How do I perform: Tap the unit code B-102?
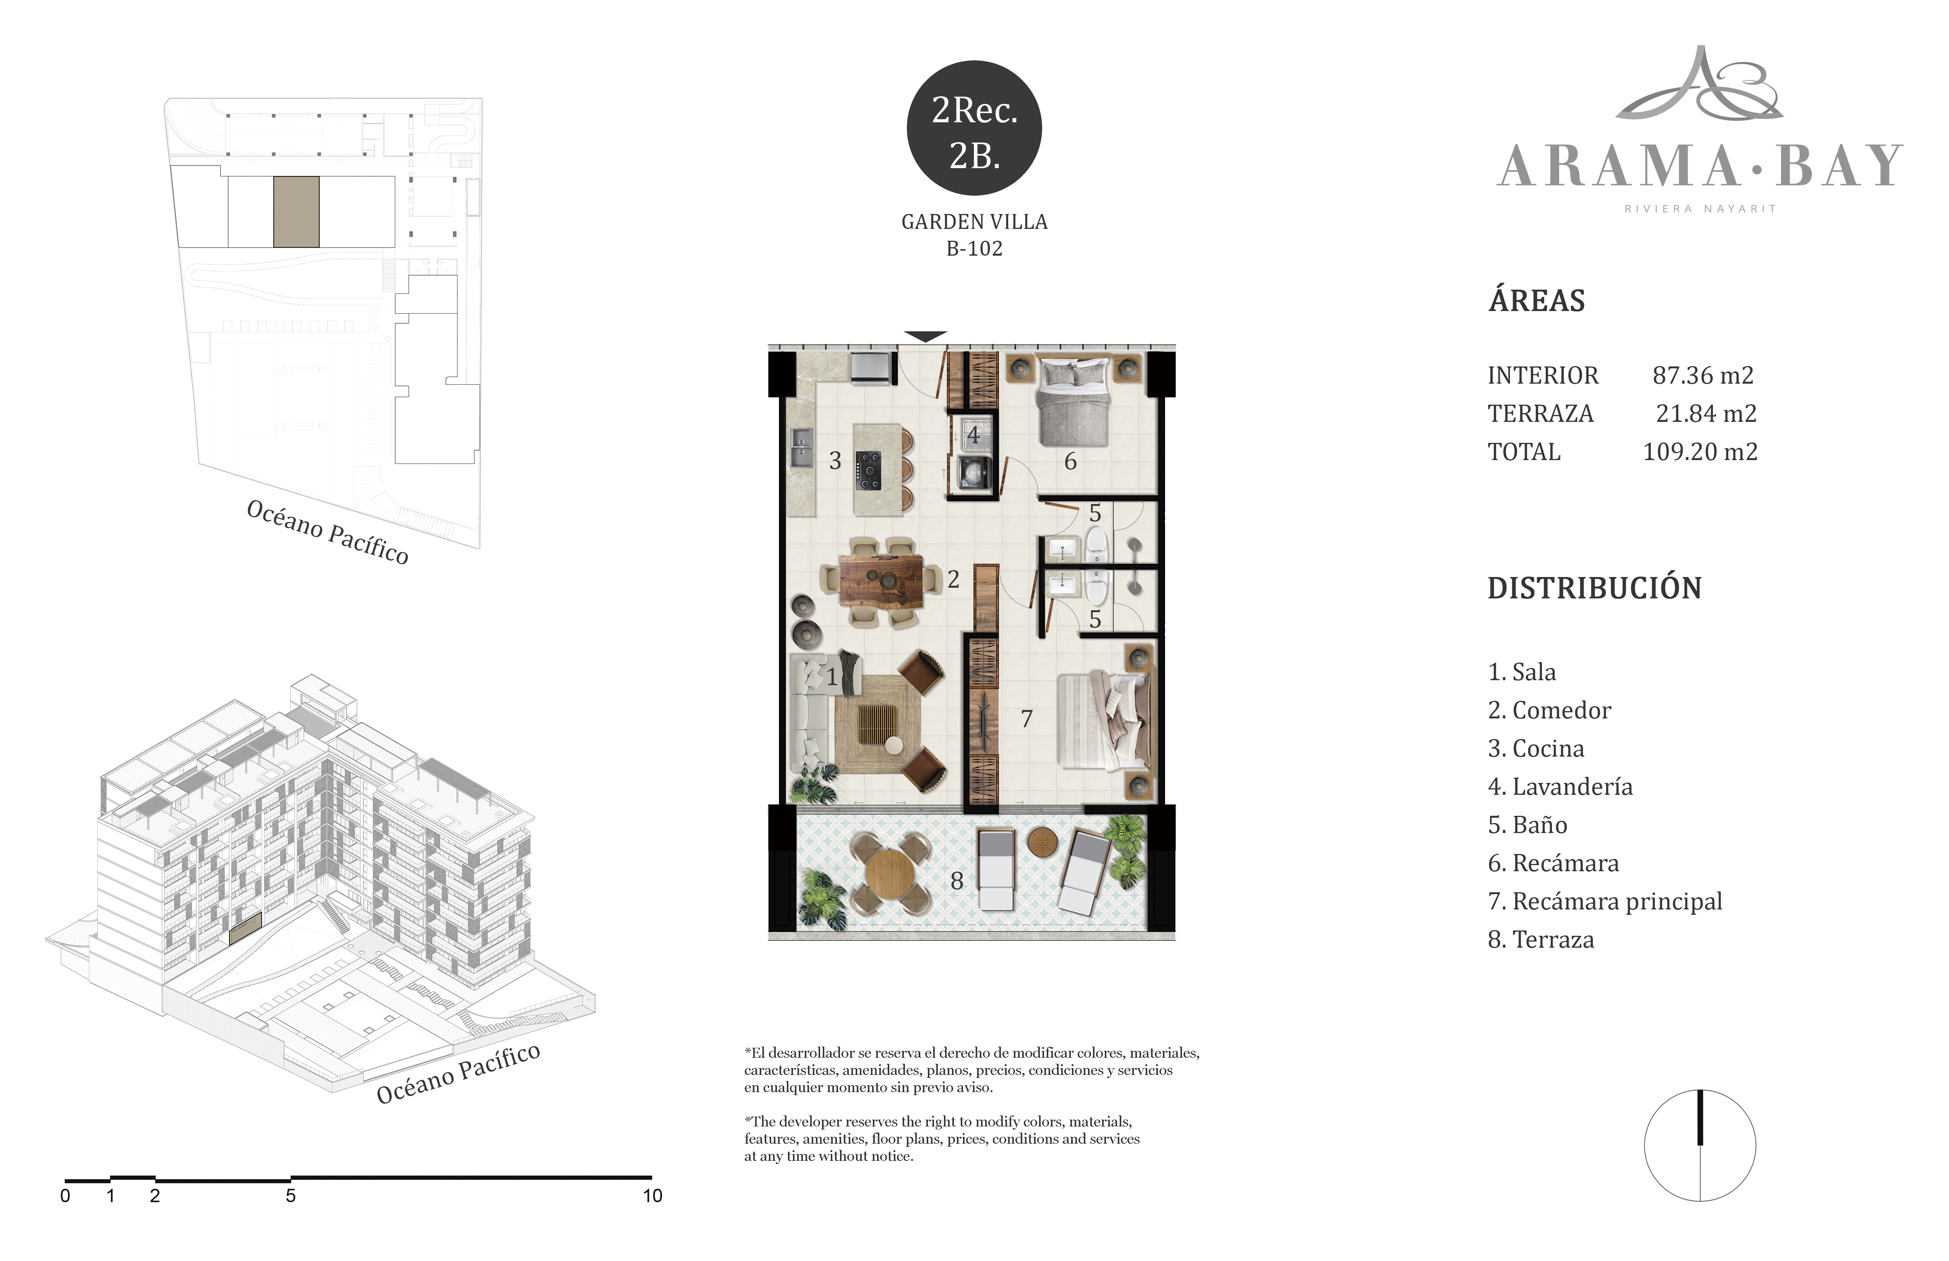point(974,249)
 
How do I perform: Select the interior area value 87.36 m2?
point(1703,375)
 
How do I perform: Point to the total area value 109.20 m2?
point(1700,452)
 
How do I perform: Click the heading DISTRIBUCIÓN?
point(1594,588)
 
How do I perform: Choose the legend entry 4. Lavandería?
point(1560,787)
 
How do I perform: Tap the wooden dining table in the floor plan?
point(882,581)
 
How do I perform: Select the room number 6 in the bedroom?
point(1070,462)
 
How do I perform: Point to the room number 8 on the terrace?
point(957,881)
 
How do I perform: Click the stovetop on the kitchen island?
point(869,471)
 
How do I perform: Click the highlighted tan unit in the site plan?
point(297,212)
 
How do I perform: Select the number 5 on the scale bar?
point(291,1196)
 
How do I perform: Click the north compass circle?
point(1700,1146)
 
